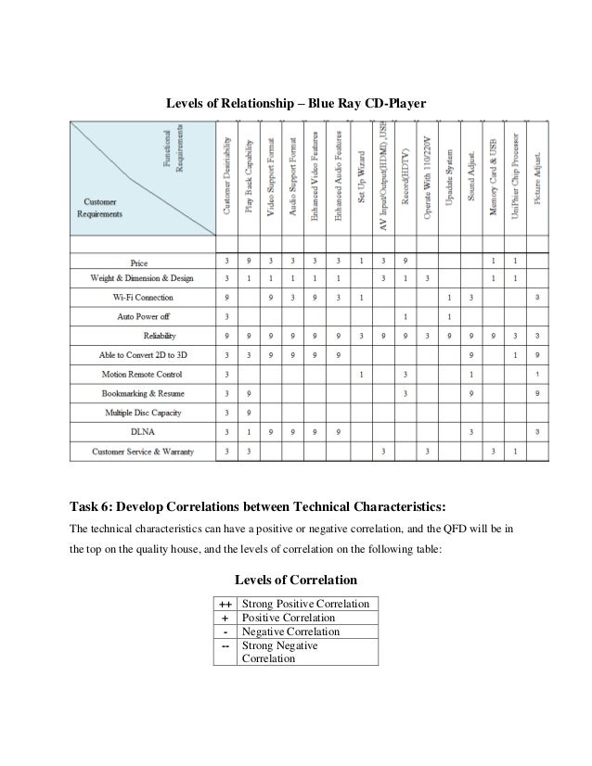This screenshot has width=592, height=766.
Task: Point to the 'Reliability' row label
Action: click(x=160, y=336)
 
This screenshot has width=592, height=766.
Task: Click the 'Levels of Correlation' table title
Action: click(x=295, y=580)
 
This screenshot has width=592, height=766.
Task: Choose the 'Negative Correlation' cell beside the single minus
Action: click(x=290, y=632)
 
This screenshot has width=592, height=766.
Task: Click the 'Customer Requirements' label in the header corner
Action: click(x=103, y=208)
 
